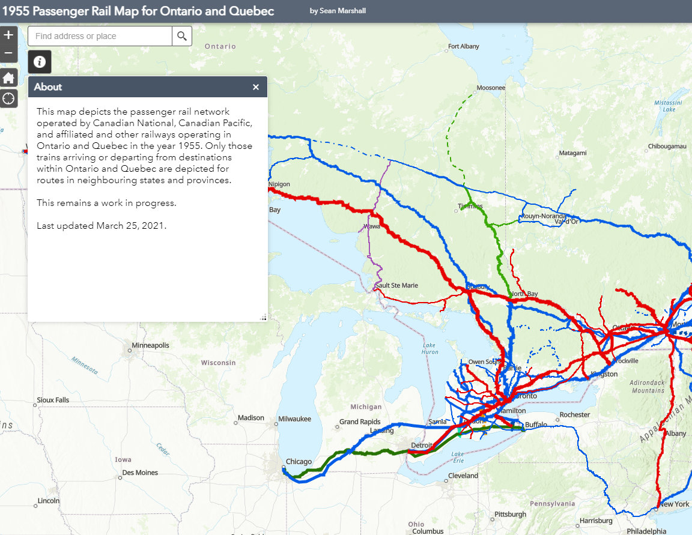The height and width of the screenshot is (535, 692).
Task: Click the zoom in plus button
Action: tap(8, 35)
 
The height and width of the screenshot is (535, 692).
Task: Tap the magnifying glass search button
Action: tap(182, 36)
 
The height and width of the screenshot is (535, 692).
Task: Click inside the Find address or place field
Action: tap(100, 36)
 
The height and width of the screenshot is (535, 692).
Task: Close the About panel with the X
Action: tap(256, 87)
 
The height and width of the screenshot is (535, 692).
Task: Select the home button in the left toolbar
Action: tap(8, 78)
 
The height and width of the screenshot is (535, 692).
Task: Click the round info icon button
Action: tap(40, 62)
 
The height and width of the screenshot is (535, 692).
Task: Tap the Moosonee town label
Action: tap(490, 88)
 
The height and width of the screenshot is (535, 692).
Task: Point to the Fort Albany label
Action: tap(463, 46)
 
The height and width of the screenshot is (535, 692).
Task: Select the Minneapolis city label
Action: tap(151, 346)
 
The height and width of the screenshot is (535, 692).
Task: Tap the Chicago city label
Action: tap(299, 462)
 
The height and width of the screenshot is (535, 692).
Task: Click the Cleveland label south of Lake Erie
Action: tap(463, 476)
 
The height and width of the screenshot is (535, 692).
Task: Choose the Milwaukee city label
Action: tap(294, 419)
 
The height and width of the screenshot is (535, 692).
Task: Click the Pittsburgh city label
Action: tap(510, 515)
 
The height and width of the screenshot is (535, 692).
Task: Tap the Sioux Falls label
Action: tap(53, 400)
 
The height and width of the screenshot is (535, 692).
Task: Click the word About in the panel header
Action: tap(48, 87)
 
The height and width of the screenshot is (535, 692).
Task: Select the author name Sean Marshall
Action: tap(338, 11)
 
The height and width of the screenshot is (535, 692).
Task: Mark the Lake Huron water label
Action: tap(429, 349)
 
